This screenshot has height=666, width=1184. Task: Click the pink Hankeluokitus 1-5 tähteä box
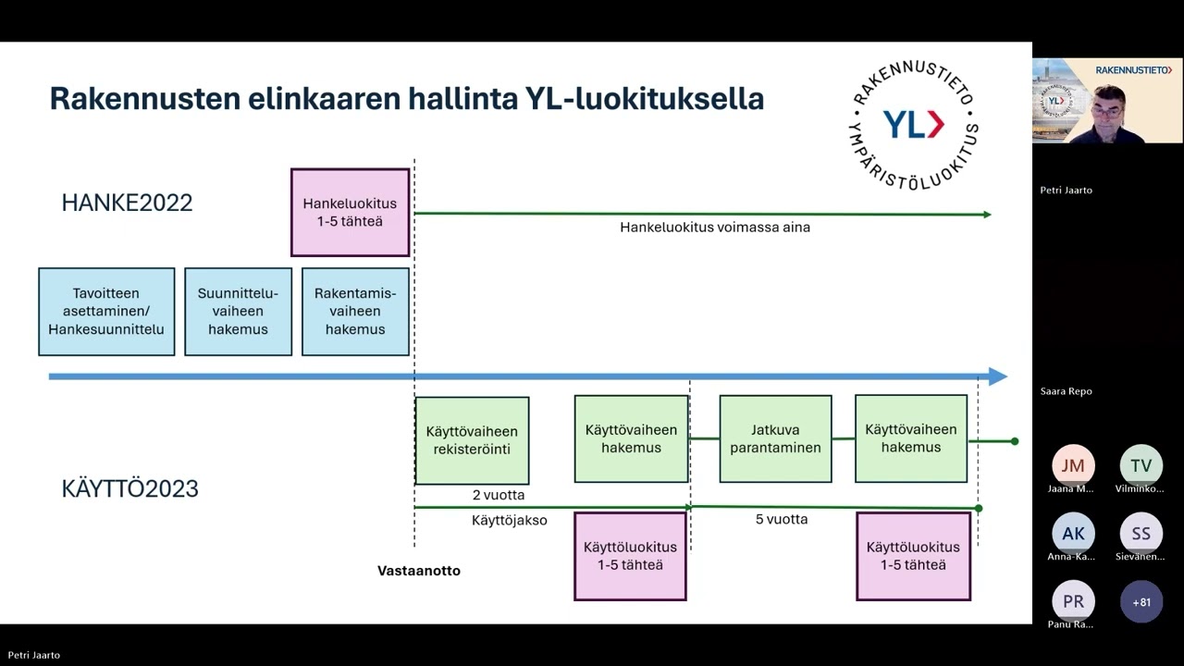pyautogui.click(x=350, y=213)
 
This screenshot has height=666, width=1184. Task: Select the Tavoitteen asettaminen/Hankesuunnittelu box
pyautogui.click(x=106, y=312)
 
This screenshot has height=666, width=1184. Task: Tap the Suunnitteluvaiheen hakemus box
pyautogui.click(x=238, y=312)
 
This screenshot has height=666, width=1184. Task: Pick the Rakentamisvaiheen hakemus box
pyautogui.click(x=355, y=312)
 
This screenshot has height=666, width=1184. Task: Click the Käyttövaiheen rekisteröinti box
pyautogui.click(x=472, y=440)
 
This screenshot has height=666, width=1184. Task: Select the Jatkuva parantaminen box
pyautogui.click(x=775, y=438)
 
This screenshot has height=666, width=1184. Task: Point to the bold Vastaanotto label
pyautogui.click(x=419, y=571)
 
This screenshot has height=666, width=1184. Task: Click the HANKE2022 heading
pyautogui.click(x=127, y=203)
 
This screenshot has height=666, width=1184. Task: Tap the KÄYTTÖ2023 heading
pyautogui.click(x=129, y=488)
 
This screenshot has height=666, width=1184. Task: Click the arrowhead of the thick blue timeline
pyautogui.click(x=997, y=376)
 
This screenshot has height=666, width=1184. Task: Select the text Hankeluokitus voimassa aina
pyautogui.click(x=715, y=228)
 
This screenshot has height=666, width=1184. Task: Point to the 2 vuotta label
pyautogui.click(x=499, y=495)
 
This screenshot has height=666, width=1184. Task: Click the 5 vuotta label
pyautogui.click(x=782, y=519)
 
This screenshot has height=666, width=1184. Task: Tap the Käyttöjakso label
pyautogui.click(x=509, y=521)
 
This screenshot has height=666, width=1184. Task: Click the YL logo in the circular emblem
pyautogui.click(x=913, y=124)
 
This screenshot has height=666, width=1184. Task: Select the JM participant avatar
pyautogui.click(x=1073, y=465)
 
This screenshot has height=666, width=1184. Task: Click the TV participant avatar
pyautogui.click(x=1141, y=465)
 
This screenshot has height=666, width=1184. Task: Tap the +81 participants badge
pyautogui.click(x=1141, y=602)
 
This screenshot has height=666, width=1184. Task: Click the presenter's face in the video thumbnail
pyautogui.click(x=1107, y=104)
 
